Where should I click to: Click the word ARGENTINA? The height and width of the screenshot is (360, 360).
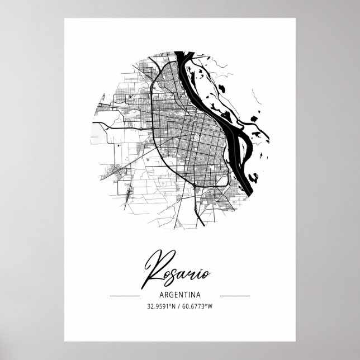179,295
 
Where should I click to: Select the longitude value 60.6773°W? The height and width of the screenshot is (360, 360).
198,306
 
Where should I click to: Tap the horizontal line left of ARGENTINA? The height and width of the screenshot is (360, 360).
125,295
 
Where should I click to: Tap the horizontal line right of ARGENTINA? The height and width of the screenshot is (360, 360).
235,295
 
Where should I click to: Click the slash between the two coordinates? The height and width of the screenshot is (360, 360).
180,306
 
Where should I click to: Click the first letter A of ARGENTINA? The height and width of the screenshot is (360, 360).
161,295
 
